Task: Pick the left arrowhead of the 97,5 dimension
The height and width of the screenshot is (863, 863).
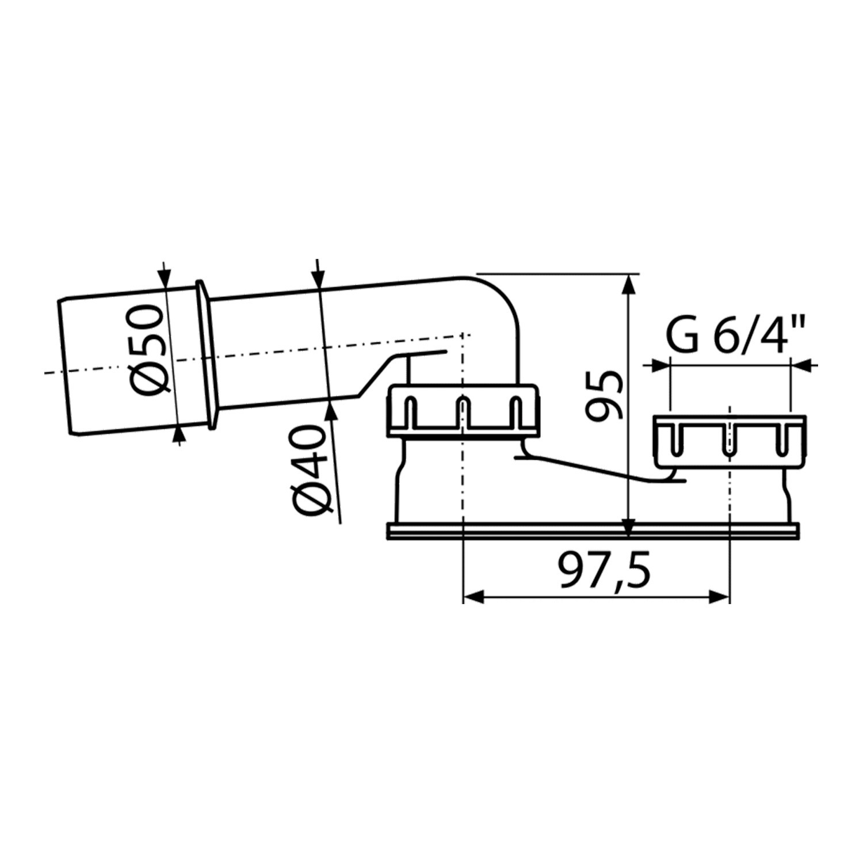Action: click(x=473, y=597)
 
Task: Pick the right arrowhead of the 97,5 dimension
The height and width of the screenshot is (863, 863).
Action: click(x=719, y=597)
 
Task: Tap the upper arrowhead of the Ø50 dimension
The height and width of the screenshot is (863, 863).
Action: click(x=164, y=277)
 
